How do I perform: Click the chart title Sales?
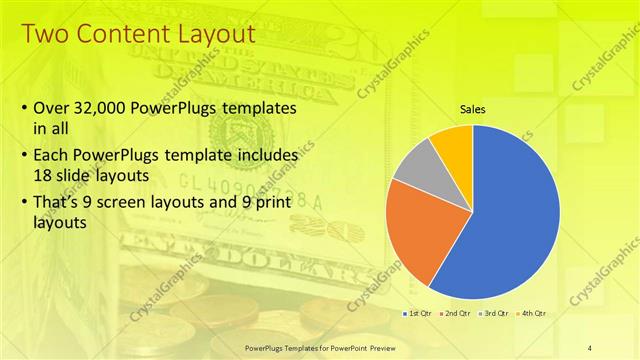pyautogui.click(x=472, y=109)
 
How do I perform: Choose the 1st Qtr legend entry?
pyautogui.click(x=419, y=314)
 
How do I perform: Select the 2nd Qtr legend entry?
pyautogui.click(x=457, y=314)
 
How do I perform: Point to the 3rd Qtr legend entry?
pyautogui.click(x=496, y=314)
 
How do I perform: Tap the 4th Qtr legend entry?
pyautogui.click(x=533, y=314)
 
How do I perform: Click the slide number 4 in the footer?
pyautogui.click(x=590, y=346)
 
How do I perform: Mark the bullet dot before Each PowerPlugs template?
pyautogui.click(x=24, y=156)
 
